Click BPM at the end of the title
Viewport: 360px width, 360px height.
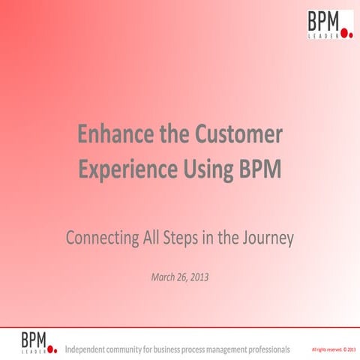pyautogui.click(x=259, y=169)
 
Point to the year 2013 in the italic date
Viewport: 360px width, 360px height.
pyautogui.click(x=198, y=277)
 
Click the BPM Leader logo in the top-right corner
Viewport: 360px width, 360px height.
pyautogui.click(x=329, y=24)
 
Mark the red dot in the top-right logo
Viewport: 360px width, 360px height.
pyautogui.click(x=346, y=33)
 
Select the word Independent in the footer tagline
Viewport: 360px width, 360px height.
pyautogui.click(x=90, y=349)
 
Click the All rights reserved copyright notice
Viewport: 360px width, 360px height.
pyautogui.click(x=334, y=349)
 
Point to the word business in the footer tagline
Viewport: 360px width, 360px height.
pyautogui.click(x=180, y=349)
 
